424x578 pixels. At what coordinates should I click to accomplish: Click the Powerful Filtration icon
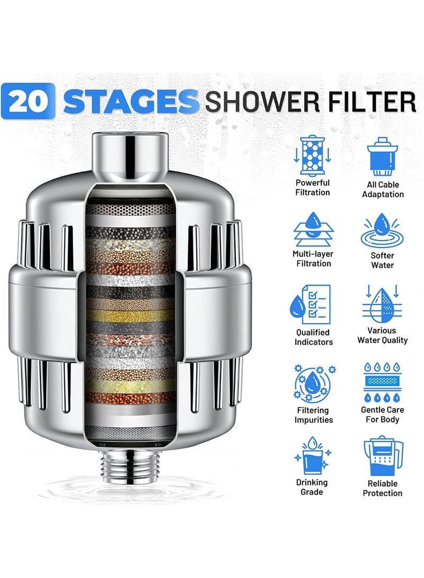pyautogui.click(x=312, y=156)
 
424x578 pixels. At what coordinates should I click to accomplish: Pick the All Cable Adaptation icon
pyautogui.click(x=383, y=156)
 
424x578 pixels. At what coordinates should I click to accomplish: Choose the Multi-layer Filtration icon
pyautogui.click(x=312, y=228)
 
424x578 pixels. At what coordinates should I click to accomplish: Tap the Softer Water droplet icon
pyautogui.click(x=383, y=229)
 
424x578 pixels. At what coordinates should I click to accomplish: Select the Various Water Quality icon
pyautogui.click(x=383, y=304)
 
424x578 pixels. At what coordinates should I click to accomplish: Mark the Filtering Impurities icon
pyautogui.click(x=312, y=383)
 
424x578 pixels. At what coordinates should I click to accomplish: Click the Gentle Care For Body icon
pyautogui.click(x=383, y=383)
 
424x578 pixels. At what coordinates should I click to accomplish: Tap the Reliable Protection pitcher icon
pyautogui.click(x=383, y=456)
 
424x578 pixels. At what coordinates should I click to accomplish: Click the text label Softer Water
pyautogui.click(x=383, y=260)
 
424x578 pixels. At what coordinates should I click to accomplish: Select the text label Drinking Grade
pyautogui.click(x=312, y=487)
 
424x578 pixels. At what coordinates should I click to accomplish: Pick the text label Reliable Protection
pyautogui.click(x=383, y=488)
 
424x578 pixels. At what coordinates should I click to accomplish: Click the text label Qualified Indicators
pyautogui.click(x=314, y=337)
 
